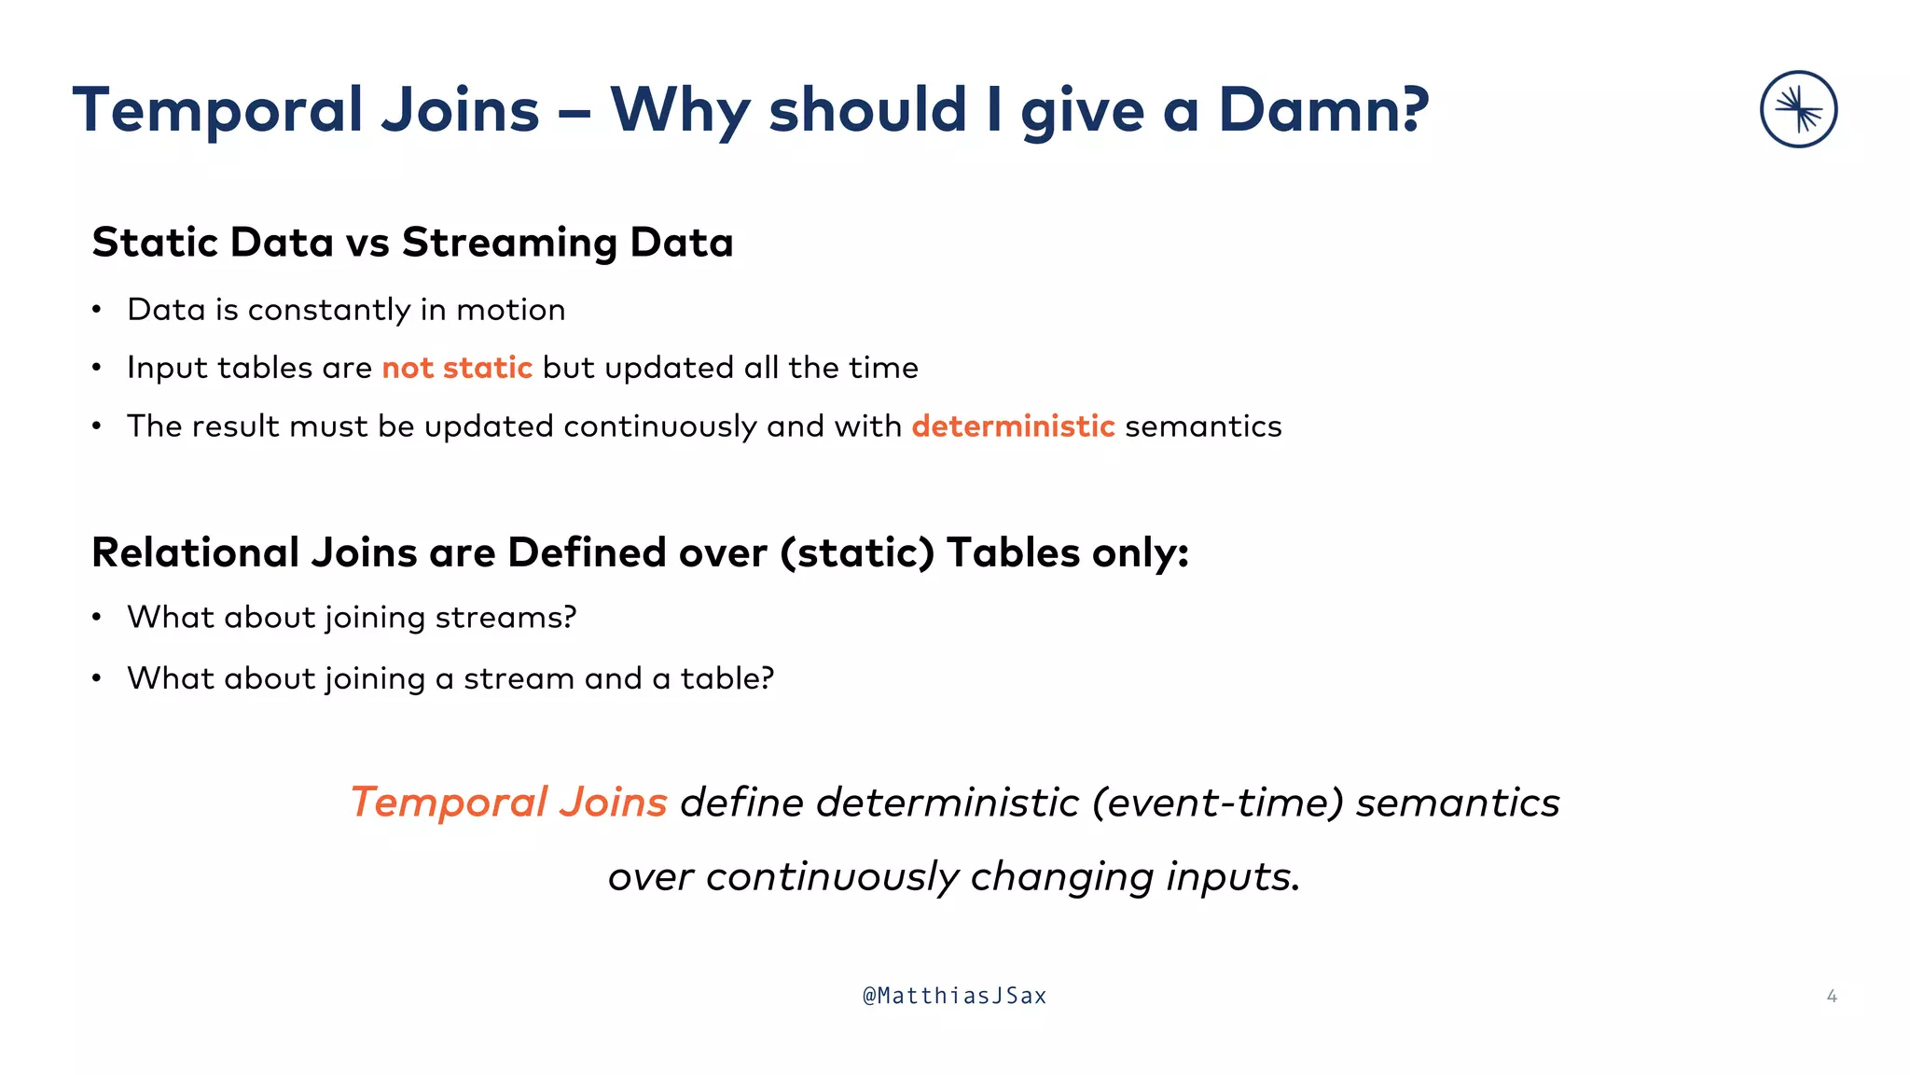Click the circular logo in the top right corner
tap(1798, 109)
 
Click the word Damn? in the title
tap(1322, 110)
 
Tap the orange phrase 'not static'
tap(457, 368)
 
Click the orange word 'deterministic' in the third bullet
tap(1013, 426)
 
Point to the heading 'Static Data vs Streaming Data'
tap(412, 243)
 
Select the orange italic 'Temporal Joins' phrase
tap(508, 803)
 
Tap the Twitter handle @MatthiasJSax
tap(954, 996)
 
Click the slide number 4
tap(1831, 997)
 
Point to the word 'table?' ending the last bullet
tap(727, 678)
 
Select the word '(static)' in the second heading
tap(857, 553)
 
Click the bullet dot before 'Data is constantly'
tap(96, 310)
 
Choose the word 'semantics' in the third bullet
tap(1203, 426)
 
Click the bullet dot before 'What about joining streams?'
tap(96, 618)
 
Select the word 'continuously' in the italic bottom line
tap(832, 877)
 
